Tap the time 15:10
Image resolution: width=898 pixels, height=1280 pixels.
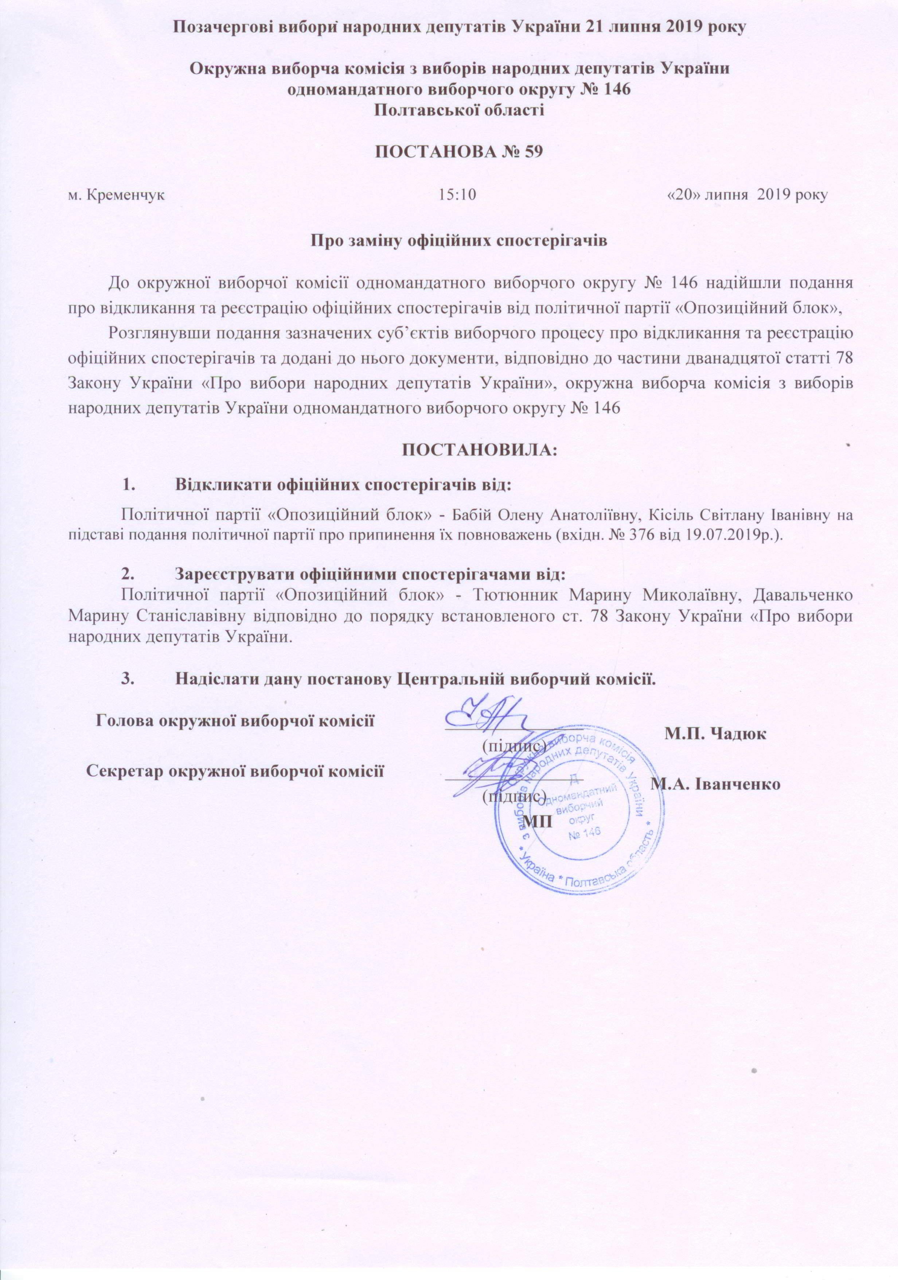click(457, 195)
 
